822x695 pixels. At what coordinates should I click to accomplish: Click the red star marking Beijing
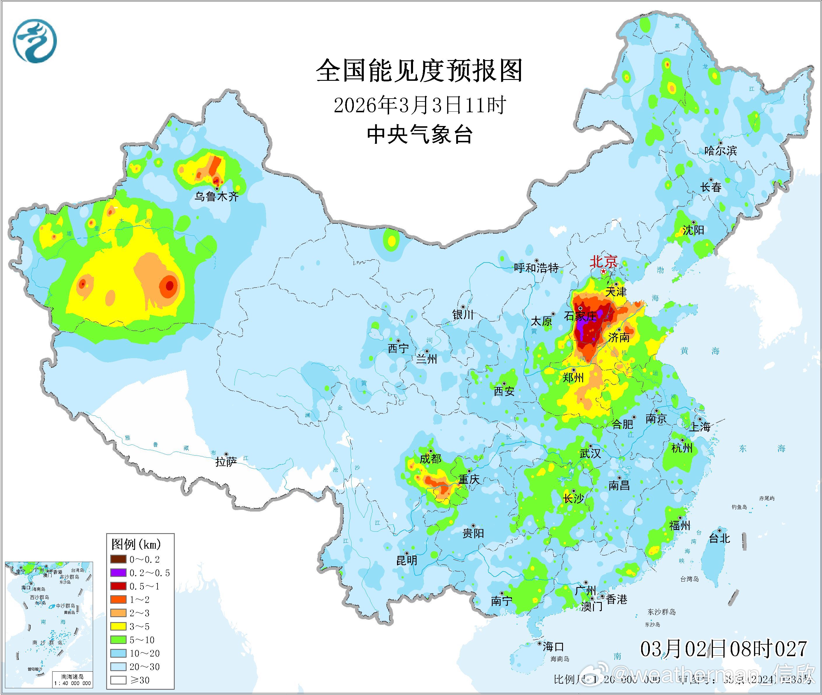pyautogui.click(x=603, y=272)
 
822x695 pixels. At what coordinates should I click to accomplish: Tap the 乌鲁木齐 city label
pyautogui.click(x=216, y=197)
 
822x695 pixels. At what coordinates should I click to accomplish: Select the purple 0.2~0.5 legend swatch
pyautogui.click(x=118, y=573)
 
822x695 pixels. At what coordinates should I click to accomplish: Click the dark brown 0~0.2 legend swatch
pyautogui.click(x=118, y=559)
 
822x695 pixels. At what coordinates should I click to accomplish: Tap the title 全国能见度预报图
pyautogui.click(x=419, y=71)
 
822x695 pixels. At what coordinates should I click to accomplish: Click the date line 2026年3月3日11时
pyautogui.click(x=419, y=106)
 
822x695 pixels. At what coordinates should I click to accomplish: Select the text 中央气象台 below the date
pyautogui.click(x=419, y=135)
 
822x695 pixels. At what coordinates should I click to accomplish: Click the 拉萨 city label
pyautogui.click(x=226, y=462)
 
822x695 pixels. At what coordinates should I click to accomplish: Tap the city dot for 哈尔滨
pyautogui.click(x=720, y=143)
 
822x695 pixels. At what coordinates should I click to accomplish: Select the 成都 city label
pyautogui.click(x=430, y=458)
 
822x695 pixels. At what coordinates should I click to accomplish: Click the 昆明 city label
pyautogui.click(x=407, y=560)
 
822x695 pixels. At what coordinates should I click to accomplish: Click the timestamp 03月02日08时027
pyautogui.click(x=723, y=649)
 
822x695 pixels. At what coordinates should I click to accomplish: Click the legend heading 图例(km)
pyautogui.click(x=136, y=545)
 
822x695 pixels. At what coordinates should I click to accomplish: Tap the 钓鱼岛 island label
pyautogui.click(x=739, y=507)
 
